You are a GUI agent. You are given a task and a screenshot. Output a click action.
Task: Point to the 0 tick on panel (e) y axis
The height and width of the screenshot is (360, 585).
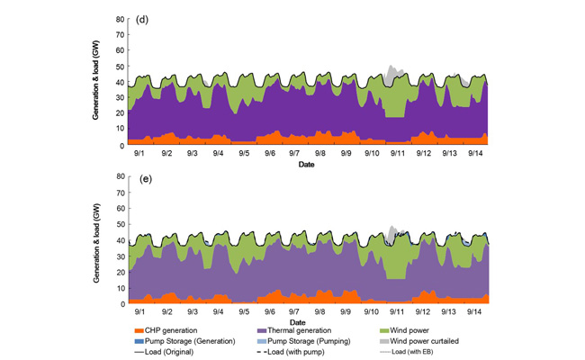pos(123,304)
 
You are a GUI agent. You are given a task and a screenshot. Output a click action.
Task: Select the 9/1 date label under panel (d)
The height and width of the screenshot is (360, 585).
pos(140,155)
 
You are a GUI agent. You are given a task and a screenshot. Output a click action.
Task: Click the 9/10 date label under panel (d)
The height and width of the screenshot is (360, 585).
pos(372,155)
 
